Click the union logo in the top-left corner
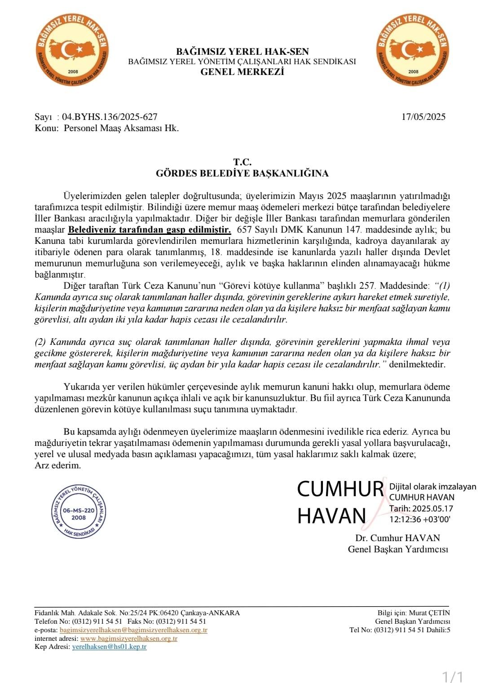tap(72, 50)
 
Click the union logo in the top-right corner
tap(413, 50)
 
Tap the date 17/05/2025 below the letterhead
tap(423, 117)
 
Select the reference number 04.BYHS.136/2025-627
tap(110, 117)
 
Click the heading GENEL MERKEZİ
tap(242, 72)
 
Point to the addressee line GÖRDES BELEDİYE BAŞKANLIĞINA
tap(242, 173)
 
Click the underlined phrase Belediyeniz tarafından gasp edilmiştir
tap(150, 230)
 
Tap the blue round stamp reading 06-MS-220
tap(79, 511)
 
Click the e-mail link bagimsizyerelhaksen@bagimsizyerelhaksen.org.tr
tap(133, 630)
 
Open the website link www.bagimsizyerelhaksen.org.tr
tap(129, 639)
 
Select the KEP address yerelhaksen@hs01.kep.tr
tap(109, 647)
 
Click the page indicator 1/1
tap(453, 676)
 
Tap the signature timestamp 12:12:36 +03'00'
tap(420, 520)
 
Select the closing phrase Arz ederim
tap(58, 465)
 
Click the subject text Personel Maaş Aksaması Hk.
tap(121, 128)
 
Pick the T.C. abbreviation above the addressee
tap(242, 162)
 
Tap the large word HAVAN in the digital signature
tap(332, 516)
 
